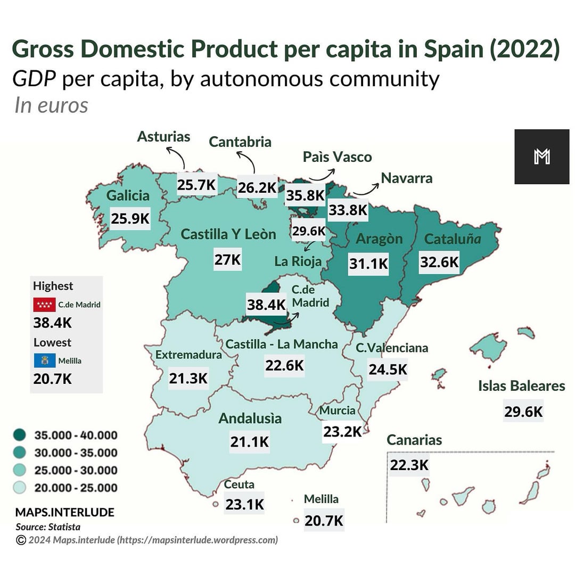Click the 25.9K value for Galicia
click(x=130, y=218)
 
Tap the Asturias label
click(x=163, y=137)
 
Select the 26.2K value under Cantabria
click(x=257, y=187)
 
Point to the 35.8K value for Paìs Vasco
click(x=305, y=195)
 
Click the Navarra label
click(x=407, y=178)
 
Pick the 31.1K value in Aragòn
click(x=368, y=263)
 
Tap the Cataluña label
click(x=452, y=239)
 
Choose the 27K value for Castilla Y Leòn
click(x=228, y=260)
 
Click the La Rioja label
click(x=298, y=261)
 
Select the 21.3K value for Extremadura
click(x=188, y=378)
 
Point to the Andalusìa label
click(x=250, y=418)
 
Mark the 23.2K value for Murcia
click(x=342, y=431)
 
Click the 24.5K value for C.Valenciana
click(x=388, y=369)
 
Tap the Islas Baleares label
click(x=521, y=385)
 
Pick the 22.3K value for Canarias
click(x=409, y=465)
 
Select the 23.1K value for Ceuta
click(x=244, y=504)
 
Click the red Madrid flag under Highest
click(x=44, y=305)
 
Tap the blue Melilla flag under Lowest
click(x=42, y=360)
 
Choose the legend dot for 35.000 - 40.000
click(x=20, y=436)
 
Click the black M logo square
click(x=541, y=157)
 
